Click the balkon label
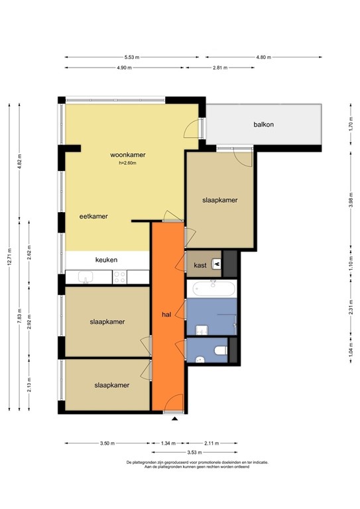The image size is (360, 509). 263,125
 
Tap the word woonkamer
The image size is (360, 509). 128,155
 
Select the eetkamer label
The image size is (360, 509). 93,216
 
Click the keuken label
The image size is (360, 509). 106,260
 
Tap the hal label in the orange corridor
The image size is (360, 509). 168,314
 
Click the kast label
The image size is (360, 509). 200,265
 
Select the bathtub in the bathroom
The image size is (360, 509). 211,289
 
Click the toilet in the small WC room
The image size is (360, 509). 221,351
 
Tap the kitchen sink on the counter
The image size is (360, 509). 86,278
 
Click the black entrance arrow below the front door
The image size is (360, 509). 175,419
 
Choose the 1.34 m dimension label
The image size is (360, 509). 168,443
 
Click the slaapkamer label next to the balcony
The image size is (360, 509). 219,200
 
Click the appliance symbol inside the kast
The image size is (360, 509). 215,264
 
